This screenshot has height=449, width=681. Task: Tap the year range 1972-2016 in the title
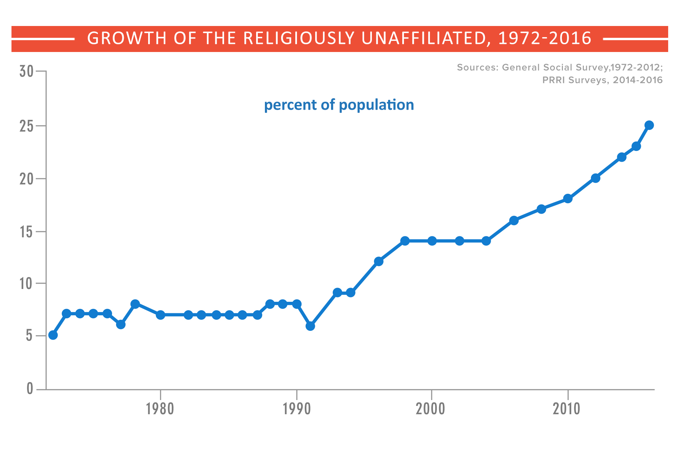tap(544, 38)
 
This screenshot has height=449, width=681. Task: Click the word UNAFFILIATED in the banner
tap(424, 38)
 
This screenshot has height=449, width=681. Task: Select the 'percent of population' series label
tap(339, 105)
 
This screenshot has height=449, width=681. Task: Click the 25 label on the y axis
tap(26, 126)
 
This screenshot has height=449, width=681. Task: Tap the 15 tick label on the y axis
tap(26, 232)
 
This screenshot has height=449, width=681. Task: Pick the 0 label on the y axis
tap(30, 389)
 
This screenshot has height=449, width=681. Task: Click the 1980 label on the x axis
tap(160, 409)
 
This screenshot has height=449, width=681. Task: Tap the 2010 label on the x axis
tap(566, 409)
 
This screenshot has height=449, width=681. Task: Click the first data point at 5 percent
tap(53, 335)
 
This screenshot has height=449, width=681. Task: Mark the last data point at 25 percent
tap(649, 125)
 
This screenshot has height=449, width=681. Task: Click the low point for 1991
tap(310, 326)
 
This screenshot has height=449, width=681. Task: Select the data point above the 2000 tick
tap(432, 241)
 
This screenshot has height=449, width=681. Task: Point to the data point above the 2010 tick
tap(568, 199)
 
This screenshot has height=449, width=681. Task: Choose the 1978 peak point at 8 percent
tap(135, 304)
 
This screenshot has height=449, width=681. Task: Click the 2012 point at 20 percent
tap(596, 178)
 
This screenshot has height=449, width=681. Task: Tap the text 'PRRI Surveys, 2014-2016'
tap(602, 80)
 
